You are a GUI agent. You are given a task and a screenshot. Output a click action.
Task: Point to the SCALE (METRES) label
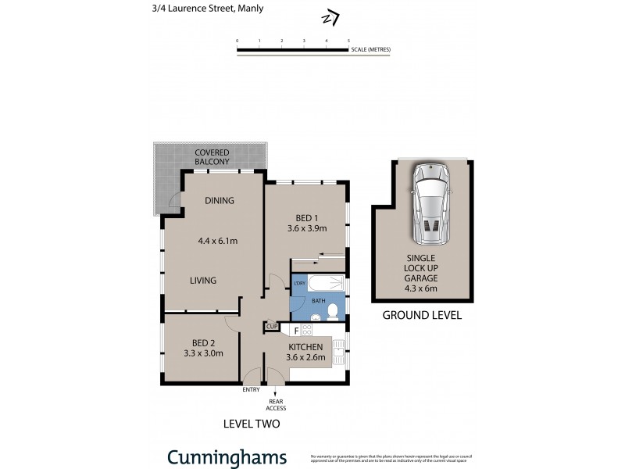[x=370, y=49]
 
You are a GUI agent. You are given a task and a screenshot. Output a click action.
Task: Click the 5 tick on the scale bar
[x=348, y=40]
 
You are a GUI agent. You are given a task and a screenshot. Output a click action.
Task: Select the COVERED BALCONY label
[x=212, y=156]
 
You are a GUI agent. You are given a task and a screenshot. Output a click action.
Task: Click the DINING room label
[x=220, y=201]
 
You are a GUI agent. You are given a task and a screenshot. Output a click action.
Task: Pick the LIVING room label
[x=202, y=280]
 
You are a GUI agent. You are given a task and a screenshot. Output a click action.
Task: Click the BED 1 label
[x=305, y=217]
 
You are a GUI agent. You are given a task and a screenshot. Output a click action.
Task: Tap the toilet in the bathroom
[x=333, y=312]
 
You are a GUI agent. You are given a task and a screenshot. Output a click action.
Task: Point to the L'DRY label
[x=298, y=283]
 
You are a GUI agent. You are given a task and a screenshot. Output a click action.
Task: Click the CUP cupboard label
[x=272, y=326]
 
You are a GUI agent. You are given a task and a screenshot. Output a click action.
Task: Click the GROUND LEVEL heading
[x=422, y=316]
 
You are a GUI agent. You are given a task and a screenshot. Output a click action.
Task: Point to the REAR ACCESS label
[x=277, y=404]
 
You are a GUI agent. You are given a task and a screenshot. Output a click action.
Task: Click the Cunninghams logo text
[x=227, y=457]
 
